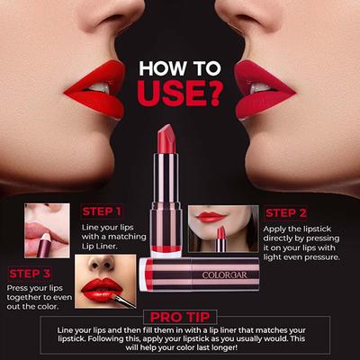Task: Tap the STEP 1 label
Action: point(101,212)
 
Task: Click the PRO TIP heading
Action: point(179,317)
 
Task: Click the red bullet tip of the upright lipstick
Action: point(166,139)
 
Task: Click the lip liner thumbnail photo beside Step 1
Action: point(47,230)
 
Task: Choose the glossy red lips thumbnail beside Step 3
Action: point(105,281)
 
